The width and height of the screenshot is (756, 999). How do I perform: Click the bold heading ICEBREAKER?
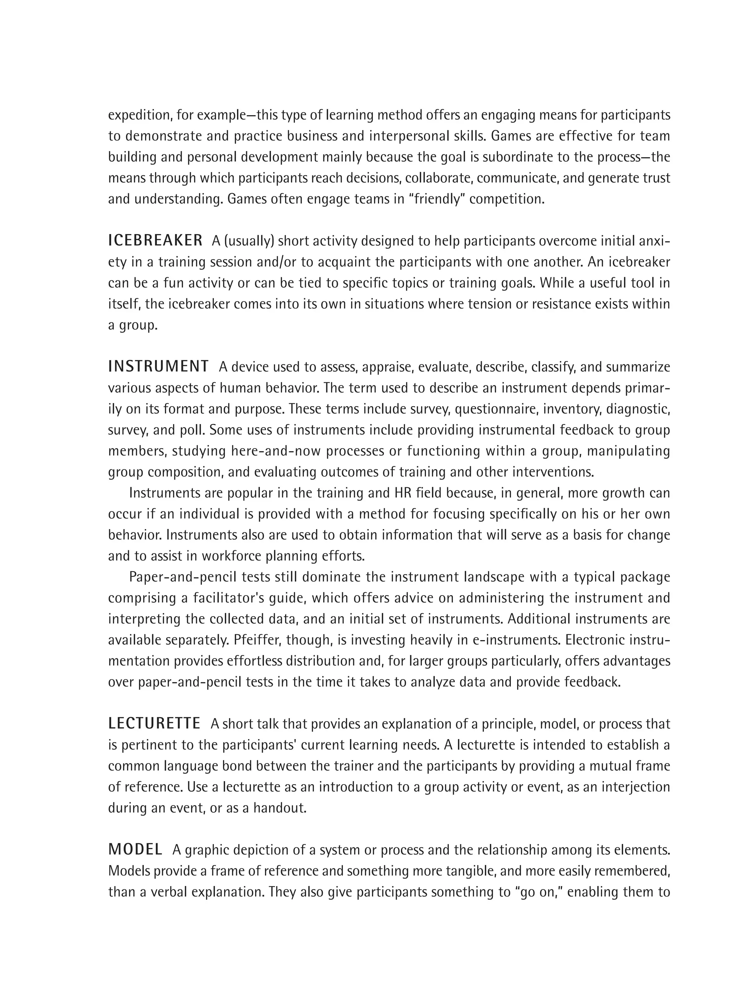pyautogui.click(x=155, y=241)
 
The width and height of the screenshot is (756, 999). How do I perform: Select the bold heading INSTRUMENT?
pyautogui.click(x=158, y=367)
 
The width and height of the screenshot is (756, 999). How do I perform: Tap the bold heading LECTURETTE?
pyautogui.click(x=154, y=724)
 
